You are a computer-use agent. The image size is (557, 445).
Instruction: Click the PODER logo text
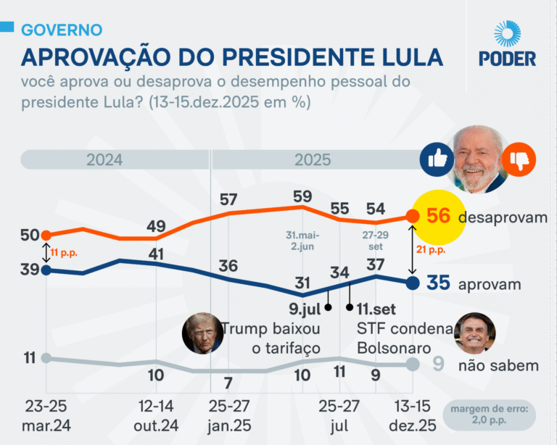pos(508,59)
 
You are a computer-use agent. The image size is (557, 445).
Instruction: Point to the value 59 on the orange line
pos(302,196)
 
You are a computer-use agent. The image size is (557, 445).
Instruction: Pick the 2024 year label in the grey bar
pos(104,159)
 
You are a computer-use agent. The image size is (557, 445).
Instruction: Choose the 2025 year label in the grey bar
pos(313,159)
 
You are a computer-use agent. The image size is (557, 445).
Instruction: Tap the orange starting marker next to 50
pos(46,235)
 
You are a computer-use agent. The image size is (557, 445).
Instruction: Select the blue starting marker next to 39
pos(46,270)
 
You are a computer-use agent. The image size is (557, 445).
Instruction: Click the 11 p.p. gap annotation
pos(64,253)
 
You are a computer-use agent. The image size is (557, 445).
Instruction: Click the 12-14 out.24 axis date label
pos(155,416)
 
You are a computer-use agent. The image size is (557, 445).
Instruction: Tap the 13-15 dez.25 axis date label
pos(411,416)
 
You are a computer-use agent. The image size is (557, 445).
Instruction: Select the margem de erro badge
pos(492,416)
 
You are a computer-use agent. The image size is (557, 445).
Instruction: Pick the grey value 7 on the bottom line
pos(228,383)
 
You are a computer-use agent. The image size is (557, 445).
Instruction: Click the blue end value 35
pos(438,283)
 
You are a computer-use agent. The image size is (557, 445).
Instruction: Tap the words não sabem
pos(498,365)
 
